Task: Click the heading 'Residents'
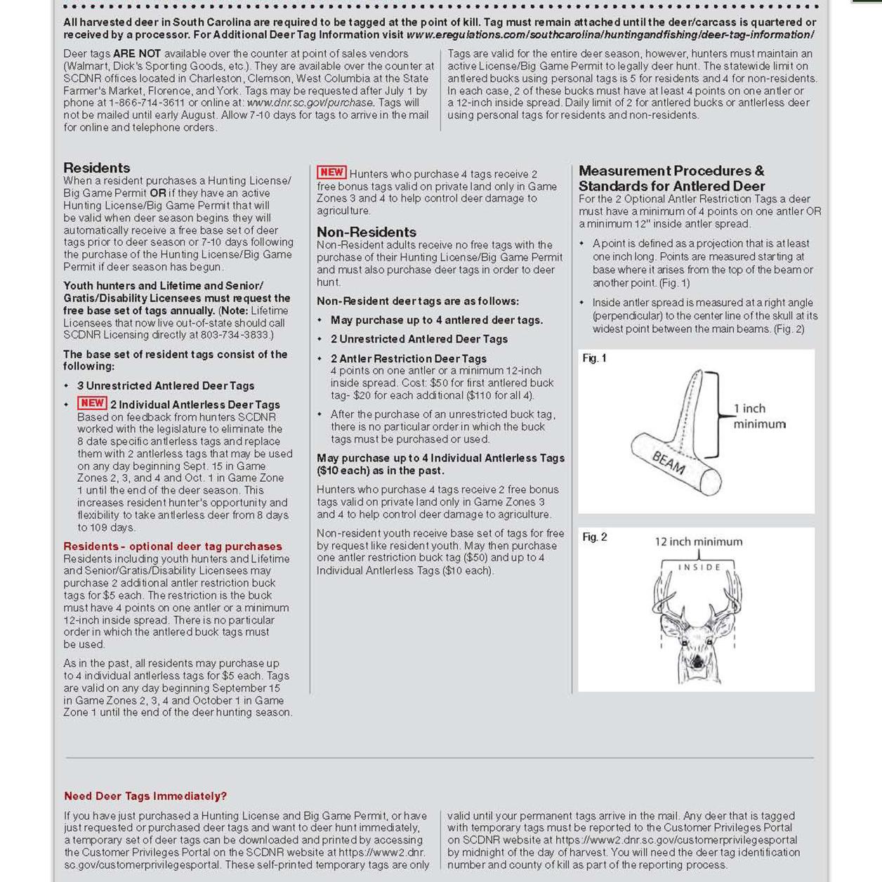(97, 168)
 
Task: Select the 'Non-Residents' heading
(366, 232)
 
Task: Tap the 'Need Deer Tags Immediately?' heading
(145, 796)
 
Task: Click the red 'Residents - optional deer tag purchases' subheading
(173, 546)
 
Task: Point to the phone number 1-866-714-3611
(147, 103)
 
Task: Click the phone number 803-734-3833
(235, 335)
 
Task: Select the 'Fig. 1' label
(594, 358)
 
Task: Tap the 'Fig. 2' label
(594, 537)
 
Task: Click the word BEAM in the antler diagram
(668, 463)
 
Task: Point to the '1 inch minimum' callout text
(758, 416)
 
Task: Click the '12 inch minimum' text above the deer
(698, 542)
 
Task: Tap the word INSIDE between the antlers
(699, 567)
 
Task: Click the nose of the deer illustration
(697, 663)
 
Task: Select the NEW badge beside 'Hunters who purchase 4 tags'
(331, 173)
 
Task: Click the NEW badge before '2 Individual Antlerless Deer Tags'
(92, 403)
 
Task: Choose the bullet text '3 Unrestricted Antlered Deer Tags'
(166, 386)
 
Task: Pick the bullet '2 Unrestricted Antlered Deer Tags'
(419, 339)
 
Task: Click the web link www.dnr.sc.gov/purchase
(310, 103)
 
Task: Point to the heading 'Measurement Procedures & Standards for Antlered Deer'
(671, 178)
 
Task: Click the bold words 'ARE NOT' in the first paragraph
(137, 53)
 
